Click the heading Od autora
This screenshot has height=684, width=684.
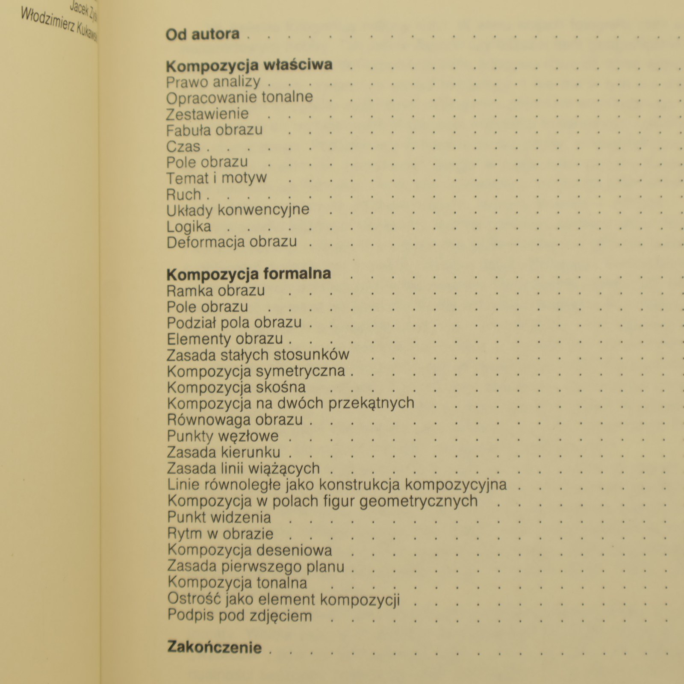[202, 34]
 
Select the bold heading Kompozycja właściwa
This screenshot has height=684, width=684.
[249, 65]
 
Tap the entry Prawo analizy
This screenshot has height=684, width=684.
[213, 82]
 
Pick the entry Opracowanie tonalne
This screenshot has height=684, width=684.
[239, 97]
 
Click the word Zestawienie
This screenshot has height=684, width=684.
[207, 114]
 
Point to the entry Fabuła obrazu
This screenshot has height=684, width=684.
[214, 130]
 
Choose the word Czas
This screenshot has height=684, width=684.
[183, 146]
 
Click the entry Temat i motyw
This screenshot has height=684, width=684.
[216, 178]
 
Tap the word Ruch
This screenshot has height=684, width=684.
[183, 195]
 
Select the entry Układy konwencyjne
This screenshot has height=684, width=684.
[238, 210]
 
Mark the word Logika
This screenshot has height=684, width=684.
[189, 227]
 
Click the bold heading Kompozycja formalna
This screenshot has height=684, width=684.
[248, 274]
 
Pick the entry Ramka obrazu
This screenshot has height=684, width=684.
[215, 291]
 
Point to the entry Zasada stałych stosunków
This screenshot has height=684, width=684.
[258, 355]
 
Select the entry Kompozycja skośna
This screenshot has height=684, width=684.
[236, 387]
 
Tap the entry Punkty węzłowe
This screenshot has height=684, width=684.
[222, 436]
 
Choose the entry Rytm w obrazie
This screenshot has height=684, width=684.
[220, 534]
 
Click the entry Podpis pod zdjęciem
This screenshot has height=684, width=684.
[239, 616]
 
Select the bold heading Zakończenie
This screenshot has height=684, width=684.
[214, 647]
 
